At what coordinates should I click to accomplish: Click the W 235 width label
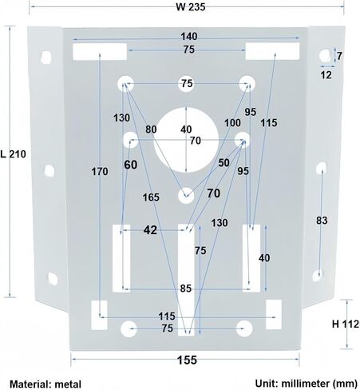(x=191, y=7)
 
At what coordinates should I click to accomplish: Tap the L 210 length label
(x=14, y=154)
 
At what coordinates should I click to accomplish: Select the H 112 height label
(x=346, y=324)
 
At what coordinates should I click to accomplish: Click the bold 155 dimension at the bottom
(x=187, y=360)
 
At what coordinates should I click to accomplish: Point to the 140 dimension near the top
(x=189, y=36)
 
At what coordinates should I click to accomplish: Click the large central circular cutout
(x=186, y=140)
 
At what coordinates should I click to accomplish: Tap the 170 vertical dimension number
(x=100, y=172)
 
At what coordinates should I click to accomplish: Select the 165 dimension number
(x=151, y=197)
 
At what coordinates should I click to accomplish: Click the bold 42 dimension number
(x=150, y=230)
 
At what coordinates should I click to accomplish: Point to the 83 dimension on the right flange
(x=322, y=221)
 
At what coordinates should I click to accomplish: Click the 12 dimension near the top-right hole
(x=326, y=75)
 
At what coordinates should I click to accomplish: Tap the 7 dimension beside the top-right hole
(x=339, y=56)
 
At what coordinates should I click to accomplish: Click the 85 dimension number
(x=186, y=289)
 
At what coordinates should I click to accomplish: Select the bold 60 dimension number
(x=131, y=165)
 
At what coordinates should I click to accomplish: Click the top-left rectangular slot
(x=100, y=52)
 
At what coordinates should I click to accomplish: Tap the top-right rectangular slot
(x=272, y=51)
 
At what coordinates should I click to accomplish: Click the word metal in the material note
(x=68, y=384)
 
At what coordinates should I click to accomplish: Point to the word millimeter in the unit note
(x=305, y=384)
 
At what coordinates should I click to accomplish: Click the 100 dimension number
(x=232, y=123)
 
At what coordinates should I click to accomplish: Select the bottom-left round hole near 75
(x=129, y=329)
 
